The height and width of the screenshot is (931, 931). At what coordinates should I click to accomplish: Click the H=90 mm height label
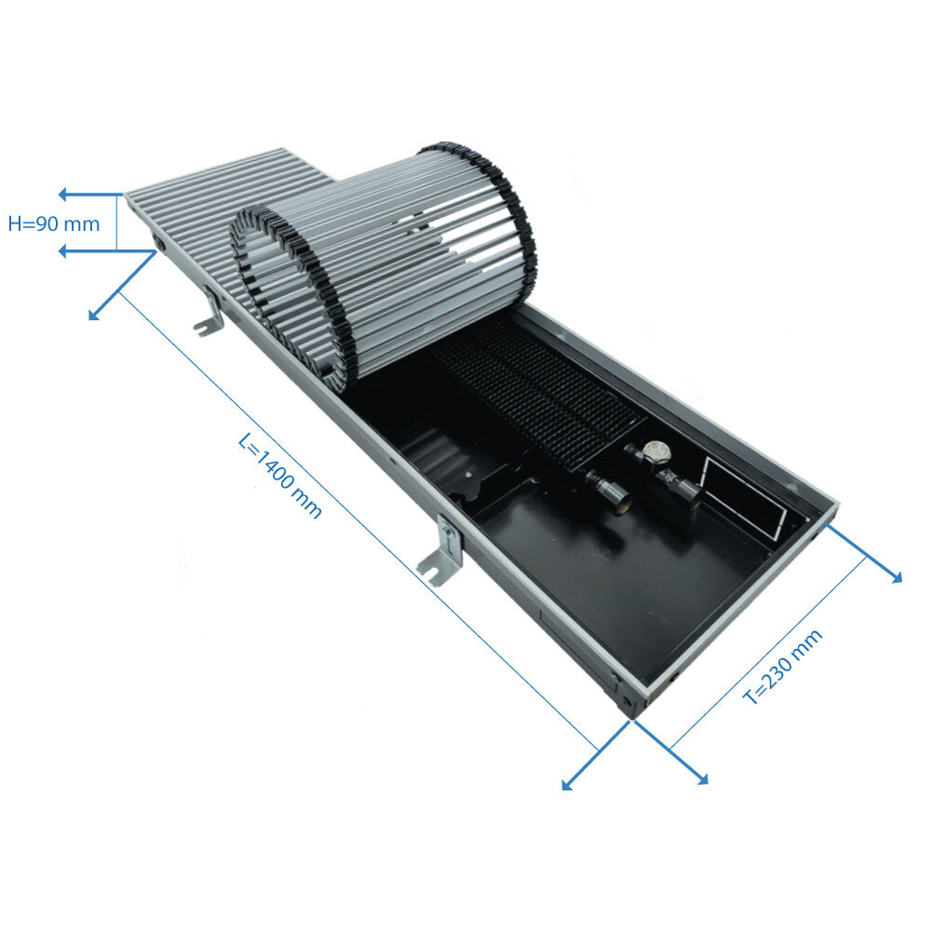pyautogui.click(x=53, y=223)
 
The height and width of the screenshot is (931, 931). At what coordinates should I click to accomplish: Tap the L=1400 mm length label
pyautogui.click(x=279, y=476)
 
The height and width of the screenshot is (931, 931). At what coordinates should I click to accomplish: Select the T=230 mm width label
pyautogui.click(x=783, y=667)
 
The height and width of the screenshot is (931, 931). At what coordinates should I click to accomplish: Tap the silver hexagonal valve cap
pyautogui.click(x=656, y=452)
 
